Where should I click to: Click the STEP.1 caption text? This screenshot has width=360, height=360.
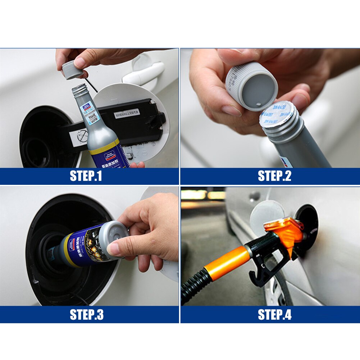pyautogui.click(x=86, y=176)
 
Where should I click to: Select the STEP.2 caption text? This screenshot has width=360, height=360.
pyautogui.click(x=274, y=176)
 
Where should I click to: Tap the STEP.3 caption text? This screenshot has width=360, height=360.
pyautogui.click(x=86, y=314)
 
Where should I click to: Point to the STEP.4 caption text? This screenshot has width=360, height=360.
pyautogui.click(x=274, y=314)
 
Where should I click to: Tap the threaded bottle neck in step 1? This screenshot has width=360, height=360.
pyautogui.click(x=79, y=91)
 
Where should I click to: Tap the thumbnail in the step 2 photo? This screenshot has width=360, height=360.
pyautogui.click(x=230, y=110)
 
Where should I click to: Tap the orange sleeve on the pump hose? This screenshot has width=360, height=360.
pyautogui.click(x=227, y=263)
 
